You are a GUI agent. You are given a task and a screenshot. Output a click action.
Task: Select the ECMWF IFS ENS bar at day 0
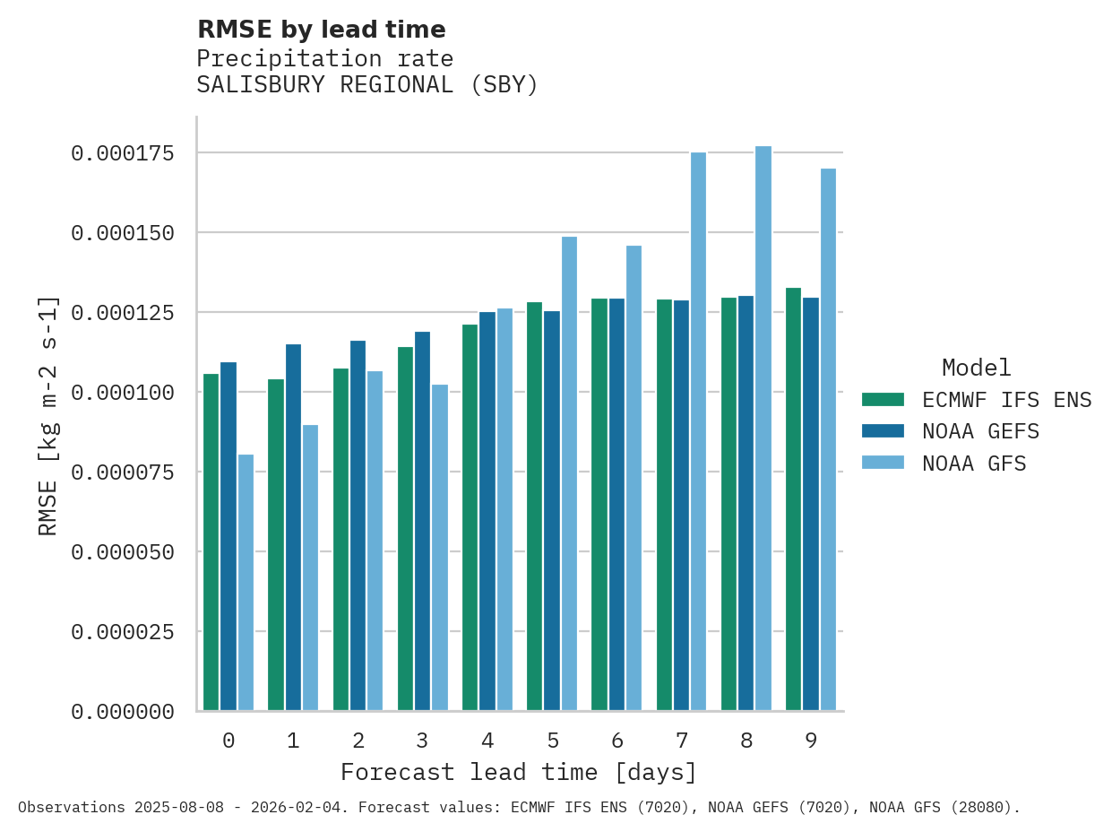coord(211,542)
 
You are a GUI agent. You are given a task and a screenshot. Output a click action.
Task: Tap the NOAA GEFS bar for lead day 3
coord(422,521)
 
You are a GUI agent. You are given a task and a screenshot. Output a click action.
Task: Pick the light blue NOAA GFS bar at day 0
coord(246,583)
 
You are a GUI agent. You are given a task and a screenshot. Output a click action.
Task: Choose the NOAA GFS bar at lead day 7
coord(698,431)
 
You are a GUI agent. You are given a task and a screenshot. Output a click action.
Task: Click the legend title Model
coord(976,368)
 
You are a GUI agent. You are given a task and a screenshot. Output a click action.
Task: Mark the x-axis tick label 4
coord(487,741)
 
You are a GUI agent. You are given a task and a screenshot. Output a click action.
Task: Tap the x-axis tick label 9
coord(811,741)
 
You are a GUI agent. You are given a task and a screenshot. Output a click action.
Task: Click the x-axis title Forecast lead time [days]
coord(519,772)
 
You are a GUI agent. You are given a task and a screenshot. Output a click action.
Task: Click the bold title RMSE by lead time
coord(321,30)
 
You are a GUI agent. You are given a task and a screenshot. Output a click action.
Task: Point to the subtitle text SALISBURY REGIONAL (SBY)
coord(367,85)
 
